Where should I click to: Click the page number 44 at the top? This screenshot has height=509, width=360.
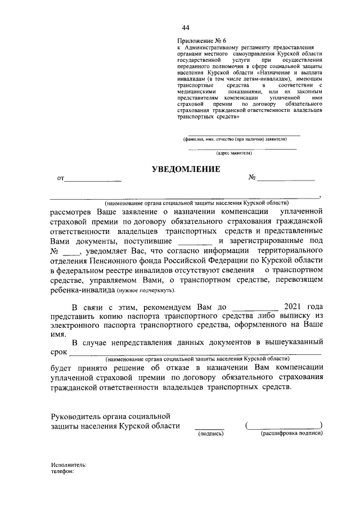click(x=186, y=28)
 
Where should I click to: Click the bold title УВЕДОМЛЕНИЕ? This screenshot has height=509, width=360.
click(x=186, y=169)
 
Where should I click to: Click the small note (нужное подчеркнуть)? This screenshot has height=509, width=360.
click(x=146, y=291)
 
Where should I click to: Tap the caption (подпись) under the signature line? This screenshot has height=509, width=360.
click(x=209, y=434)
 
